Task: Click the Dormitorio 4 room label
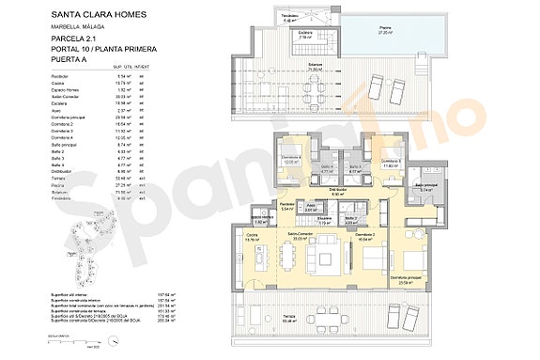click(x=291, y=160)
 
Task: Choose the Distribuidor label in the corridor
click(x=339, y=191)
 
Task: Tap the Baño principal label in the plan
click(x=425, y=187)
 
